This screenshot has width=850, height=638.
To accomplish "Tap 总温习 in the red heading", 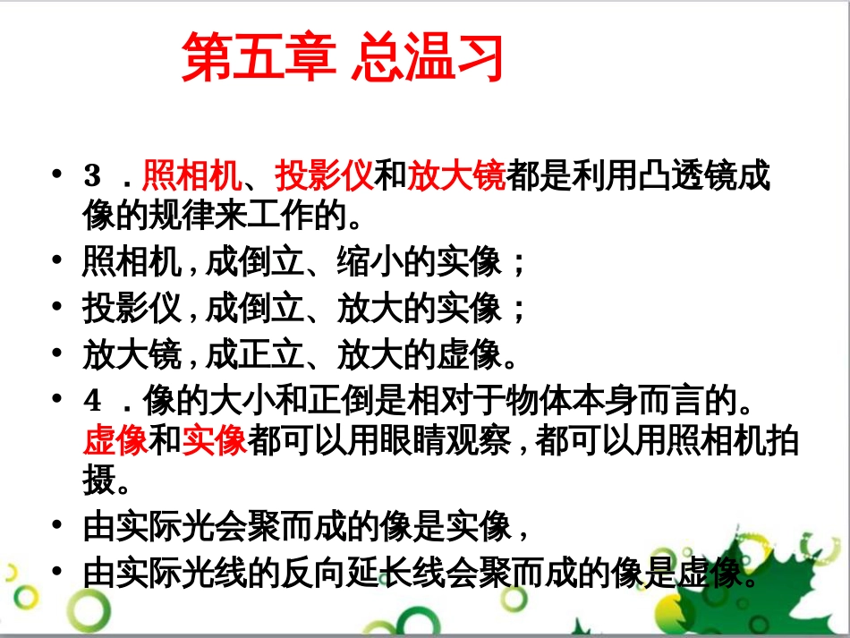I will click(x=427, y=58).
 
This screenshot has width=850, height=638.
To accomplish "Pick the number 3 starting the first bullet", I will click(x=93, y=177).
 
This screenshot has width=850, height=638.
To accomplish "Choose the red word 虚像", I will click(x=116, y=441).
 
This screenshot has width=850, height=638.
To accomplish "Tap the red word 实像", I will click(x=215, y=441).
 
